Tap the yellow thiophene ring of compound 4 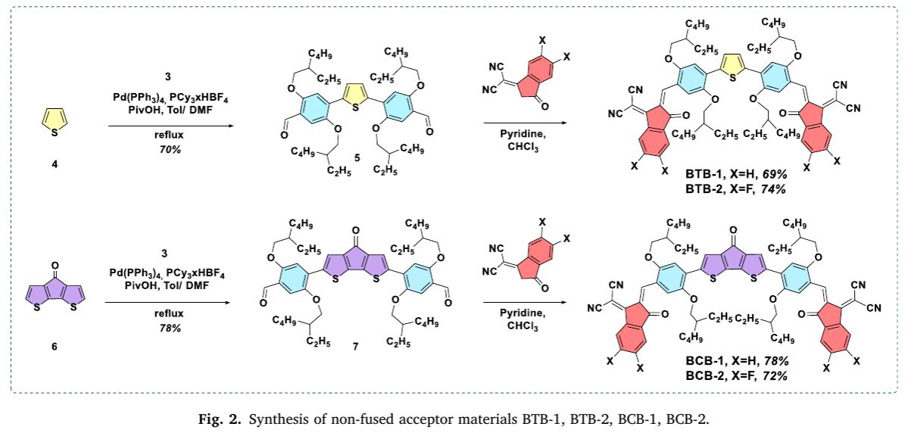[x=53, y=120]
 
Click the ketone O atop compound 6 [x=53, y=266]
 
